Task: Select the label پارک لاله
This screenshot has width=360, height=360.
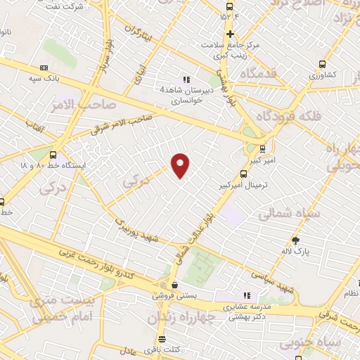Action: pyautogui.click(x=301, y=250)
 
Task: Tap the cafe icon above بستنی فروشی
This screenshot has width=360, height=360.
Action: pyautogui.click(x=174, y=285)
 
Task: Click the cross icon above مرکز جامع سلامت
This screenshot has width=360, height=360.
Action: pyautogui.click(x=229, y=34)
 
